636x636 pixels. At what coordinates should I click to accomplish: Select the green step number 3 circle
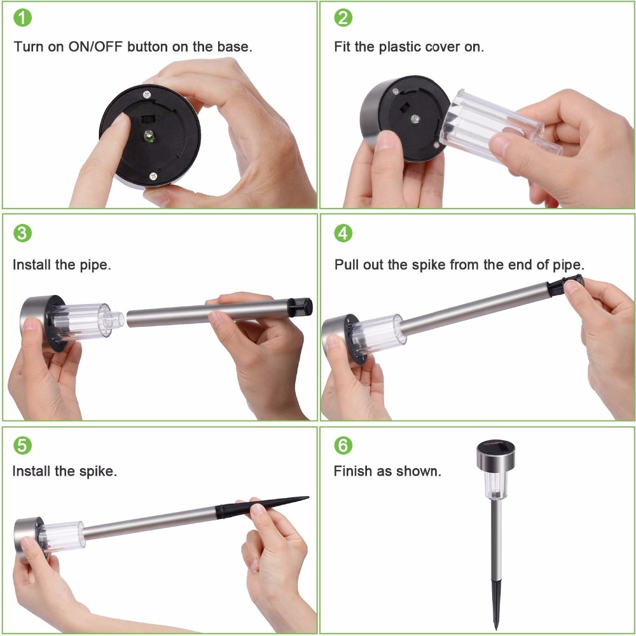pos(22,233)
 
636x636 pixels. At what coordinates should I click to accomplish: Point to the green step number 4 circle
pos(343,233)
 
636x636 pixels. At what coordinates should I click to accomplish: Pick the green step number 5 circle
pos(22,445)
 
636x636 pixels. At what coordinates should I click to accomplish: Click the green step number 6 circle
pos(343,445)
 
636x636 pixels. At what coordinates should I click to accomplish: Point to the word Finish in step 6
pos(352,471)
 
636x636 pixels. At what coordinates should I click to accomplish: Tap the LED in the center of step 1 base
pos(148,135)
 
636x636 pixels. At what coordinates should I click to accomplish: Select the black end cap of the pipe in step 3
pos(300,307)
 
